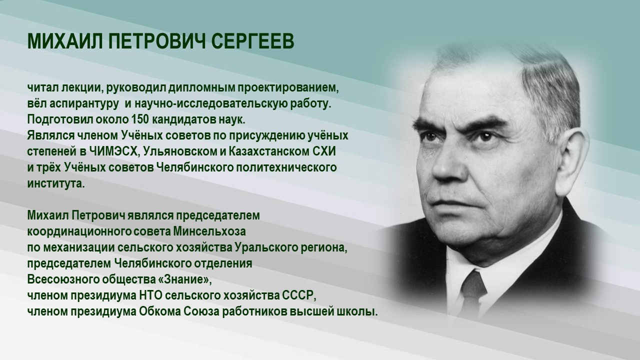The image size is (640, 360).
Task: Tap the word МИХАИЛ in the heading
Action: click(59, 42)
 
